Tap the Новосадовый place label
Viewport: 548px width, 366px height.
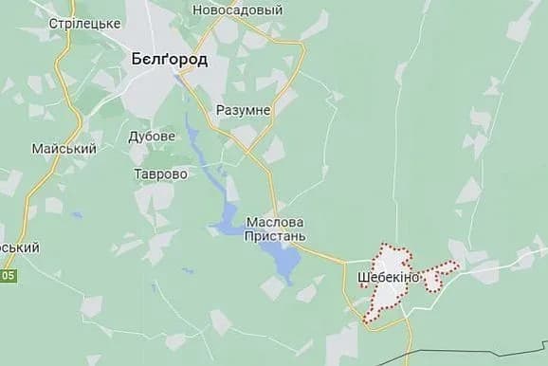click(x=237, y=9)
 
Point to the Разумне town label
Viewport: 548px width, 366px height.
click(x=243, y=110)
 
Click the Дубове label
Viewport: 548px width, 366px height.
click(x=152, y=137)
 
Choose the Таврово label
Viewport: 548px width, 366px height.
click(x=160, y=174)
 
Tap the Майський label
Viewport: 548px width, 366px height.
click(x=64, y=150)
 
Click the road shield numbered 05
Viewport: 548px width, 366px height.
click(x=8, y=275)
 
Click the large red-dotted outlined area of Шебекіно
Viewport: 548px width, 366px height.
click(x=389, y=299)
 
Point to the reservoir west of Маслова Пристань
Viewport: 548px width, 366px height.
click(x=229, y=220)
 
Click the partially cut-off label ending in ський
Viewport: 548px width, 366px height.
click(x=19, y=247)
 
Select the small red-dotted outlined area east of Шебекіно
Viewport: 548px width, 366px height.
click(x=438, y=276)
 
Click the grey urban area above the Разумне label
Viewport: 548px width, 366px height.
click(x=245, y=85)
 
